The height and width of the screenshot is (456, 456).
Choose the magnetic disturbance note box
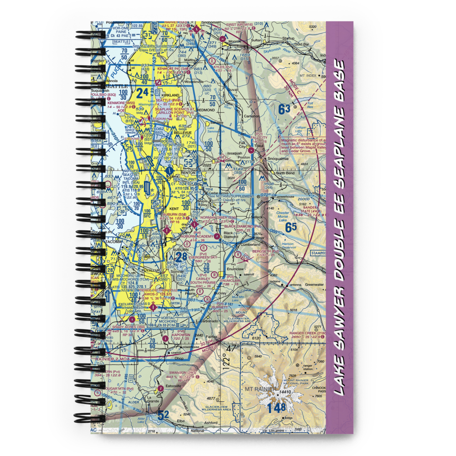pyautogui.click(x=301, y=145)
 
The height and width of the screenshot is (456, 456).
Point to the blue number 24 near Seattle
pyautogui.click(x=142, y=93)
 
